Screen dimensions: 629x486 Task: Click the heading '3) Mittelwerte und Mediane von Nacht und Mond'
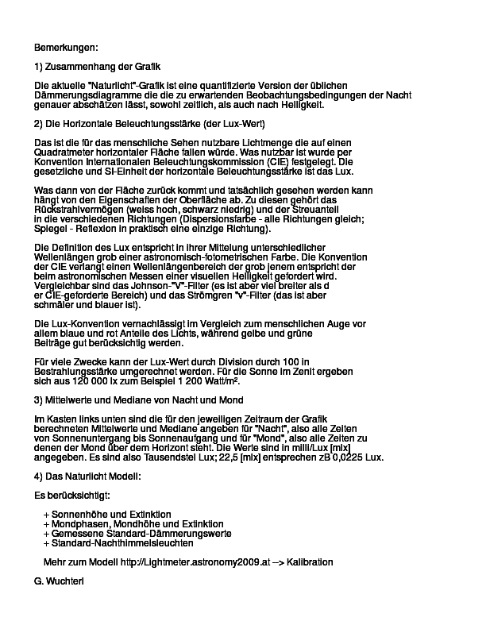pos(139,399)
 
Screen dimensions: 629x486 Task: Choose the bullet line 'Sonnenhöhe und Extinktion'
pos(111,515)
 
